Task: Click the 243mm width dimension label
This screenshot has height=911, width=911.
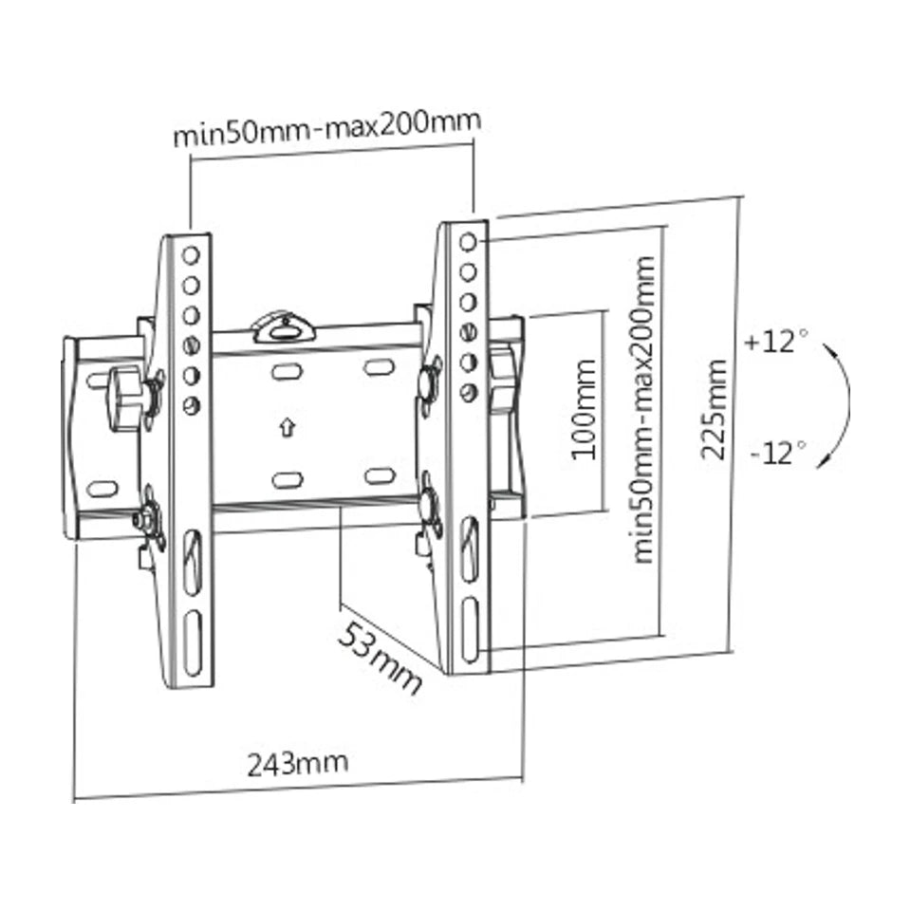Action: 297,762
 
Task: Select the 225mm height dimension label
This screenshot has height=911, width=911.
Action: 715,409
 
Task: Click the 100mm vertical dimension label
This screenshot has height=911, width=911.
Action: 585,409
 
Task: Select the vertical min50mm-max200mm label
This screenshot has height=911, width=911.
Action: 644,409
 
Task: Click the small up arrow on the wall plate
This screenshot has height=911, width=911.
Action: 285,428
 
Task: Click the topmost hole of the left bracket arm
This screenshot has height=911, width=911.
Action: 191,254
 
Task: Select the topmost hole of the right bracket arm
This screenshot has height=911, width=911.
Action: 467,243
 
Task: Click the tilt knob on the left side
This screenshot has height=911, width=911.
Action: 124,399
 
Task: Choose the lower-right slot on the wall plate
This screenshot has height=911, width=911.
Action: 379,475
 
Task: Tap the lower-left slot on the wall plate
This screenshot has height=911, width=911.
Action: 287,479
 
